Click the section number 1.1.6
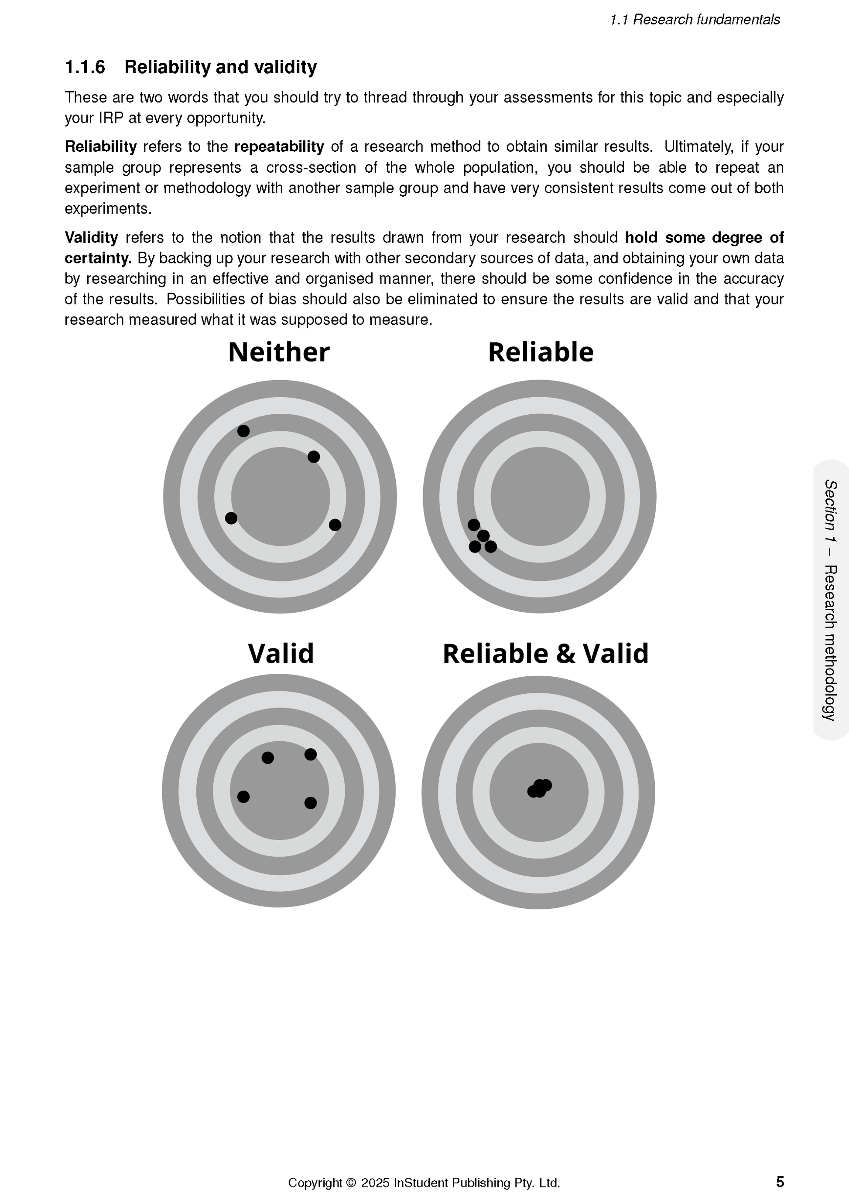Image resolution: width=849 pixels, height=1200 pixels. [x=85, y=68]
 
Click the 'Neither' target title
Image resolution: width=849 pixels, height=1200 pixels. [x=279, y=352]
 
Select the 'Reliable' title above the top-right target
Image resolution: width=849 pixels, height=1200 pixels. [x=541, y=352]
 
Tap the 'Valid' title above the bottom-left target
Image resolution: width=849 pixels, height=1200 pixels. [x=281, y=653]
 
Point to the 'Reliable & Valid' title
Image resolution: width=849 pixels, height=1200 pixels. [x=545, y=653]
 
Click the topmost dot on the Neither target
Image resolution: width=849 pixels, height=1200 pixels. [x=243, y=431]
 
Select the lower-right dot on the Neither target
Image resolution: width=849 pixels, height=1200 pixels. [x=335, y=525]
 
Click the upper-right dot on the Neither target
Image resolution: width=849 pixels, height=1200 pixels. [x=314, y=457]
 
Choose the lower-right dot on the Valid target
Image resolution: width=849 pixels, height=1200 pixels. [x=311, y=803]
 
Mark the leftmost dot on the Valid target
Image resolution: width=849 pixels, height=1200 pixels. [x=243, y=797]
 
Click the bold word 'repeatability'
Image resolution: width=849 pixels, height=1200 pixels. [x=279, y=147]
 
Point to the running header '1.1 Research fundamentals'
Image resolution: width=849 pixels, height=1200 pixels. [x=695, y=20]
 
